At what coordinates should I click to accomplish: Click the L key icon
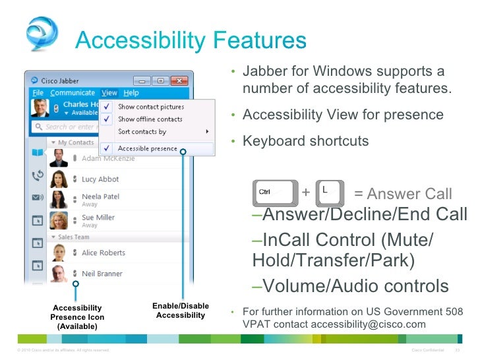tap(330, 193)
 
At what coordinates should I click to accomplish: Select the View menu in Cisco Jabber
tap(109, 93)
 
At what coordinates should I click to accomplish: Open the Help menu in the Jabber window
tap(131, 93)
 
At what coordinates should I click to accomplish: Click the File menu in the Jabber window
tap(38, 93)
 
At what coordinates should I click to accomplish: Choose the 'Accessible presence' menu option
tap(147, 149)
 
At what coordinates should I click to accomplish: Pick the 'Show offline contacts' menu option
tap(150, 119)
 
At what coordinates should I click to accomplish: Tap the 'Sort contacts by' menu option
tap(142, 132)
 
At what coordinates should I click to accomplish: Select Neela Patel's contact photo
tap(59, 200)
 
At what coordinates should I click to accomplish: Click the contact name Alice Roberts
tap(103, 253)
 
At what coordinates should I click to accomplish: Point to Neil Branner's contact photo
tap(59, 274)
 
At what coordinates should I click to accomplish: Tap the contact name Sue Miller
tap(98, 218)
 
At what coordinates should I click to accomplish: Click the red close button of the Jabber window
tap(179, 80)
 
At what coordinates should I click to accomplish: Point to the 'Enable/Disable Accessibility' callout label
tap(181, 311)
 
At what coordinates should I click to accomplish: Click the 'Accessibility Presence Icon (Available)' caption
tap(77, 317)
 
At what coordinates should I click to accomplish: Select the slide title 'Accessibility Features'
tap(191, 42)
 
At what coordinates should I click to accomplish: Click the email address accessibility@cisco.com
tap(368, 324)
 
